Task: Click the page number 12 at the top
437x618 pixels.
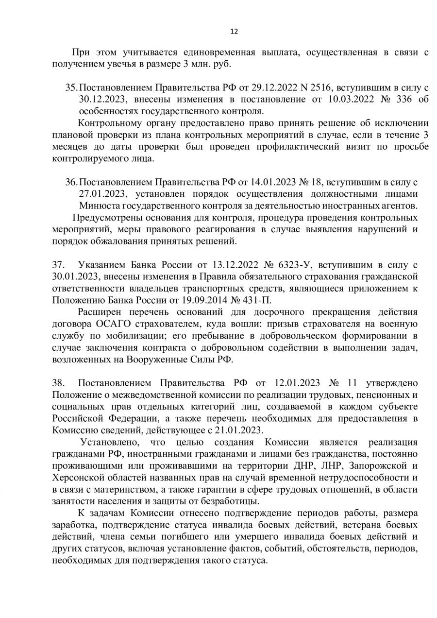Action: [x=234, y=32]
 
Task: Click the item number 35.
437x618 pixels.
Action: [x=71, y=88]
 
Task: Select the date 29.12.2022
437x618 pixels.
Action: [x=269, y=88]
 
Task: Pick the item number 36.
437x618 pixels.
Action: [x=71, y=183]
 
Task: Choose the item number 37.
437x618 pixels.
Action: [x=58, y=265]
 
